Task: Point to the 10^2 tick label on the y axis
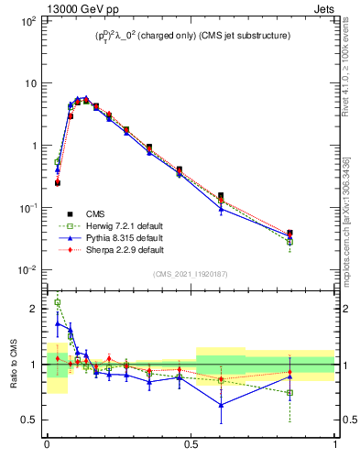click(x=27, y=20)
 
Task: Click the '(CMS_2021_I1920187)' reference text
click(x=191, y=274)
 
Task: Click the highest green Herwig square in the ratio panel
click(x=58, y=302)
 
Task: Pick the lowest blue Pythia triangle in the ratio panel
click(x=221, y=405)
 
